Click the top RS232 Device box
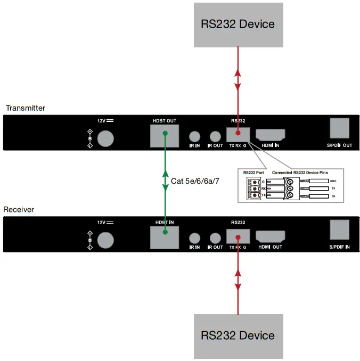[238, 24]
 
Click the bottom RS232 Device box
[238, 335]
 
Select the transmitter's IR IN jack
[195, 137]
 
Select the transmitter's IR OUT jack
[215, 137]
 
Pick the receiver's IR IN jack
[195, 238]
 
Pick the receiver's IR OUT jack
[215, 238]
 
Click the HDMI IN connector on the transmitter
[271, 135]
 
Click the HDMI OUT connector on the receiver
[271, 236]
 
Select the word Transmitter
[26, 108]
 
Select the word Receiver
[19, 209]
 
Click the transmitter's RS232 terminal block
[238, 134]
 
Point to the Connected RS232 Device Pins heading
[308, 173]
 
